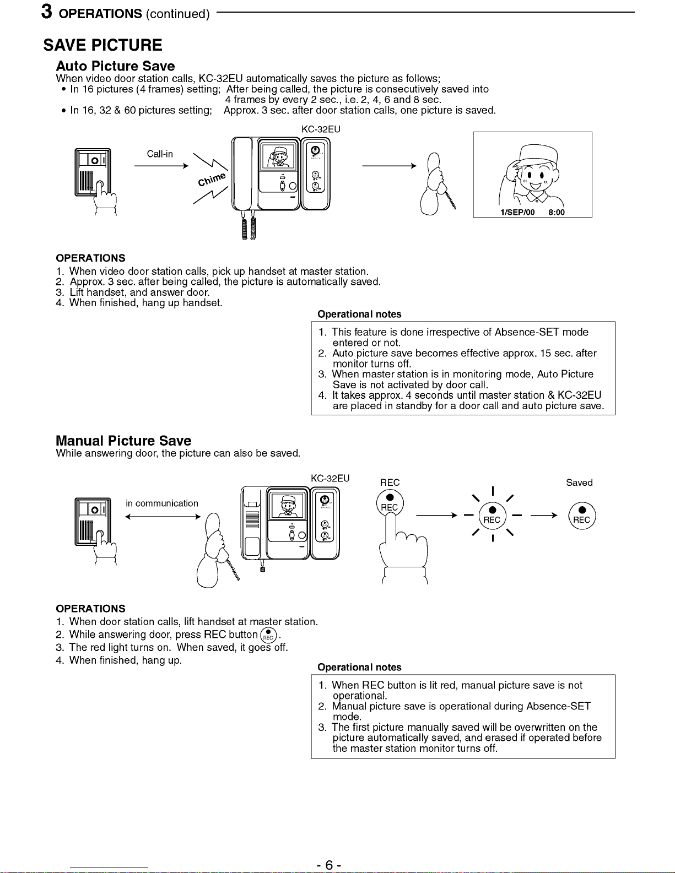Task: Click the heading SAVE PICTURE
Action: pyautogui.click(x=103, y=45)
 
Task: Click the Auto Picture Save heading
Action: pyautogui.click(x=115, y=66)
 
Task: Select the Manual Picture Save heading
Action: pyautogui.click(x=123, y=441)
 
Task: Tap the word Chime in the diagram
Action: pyautogui.click(x=212, y=179)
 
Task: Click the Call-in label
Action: pyautogui.click(x=160, y=154)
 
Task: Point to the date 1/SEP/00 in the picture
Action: pyautogui.click(x=517, y=213)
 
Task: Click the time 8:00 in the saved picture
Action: pyautogui.click(x=557, y=213)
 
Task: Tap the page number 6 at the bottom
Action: pyautogui.click(x=329, y=865)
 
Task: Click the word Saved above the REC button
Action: pyautogui.click(x=579, y=482)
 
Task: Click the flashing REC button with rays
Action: pyautogui.click(x=492, y=516)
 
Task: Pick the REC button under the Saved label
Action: pyautogui.click(x=581, y=516)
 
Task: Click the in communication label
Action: pyautogui.click(x=162, y=503)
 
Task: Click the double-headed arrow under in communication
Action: pyautogui.click(x=162, y=517)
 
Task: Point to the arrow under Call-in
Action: pyautogui.click(x=161, y=165)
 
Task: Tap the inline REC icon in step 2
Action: pyautogui.click(x=268, y=635)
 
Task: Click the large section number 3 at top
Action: pyautogui.click(x=47, y=12)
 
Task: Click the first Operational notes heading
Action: pyautogui.click(x=359, y=315)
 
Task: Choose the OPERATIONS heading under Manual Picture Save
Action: pyautogui.click(x=90, y=609)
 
